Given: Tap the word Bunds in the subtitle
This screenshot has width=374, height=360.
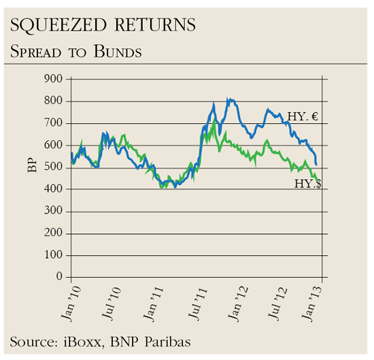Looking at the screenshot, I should pyautogui.click(x=119, y=51).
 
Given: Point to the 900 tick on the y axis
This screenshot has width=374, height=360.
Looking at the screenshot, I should pyautogui.click(x=53, y=80).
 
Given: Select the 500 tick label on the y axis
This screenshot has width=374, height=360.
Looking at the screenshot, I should pyautogui.click(x=53, y=167).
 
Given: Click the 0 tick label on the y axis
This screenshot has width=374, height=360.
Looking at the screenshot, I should pyautogui.click(x=59, y=277).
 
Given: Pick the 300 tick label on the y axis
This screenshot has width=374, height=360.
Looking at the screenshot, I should pyautogui.click(x=53, y=212).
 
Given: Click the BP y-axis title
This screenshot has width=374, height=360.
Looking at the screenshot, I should pyautogui.click(x=32, y=165).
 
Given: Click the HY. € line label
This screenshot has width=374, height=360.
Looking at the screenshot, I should pyautogui.click(x=303, y=117).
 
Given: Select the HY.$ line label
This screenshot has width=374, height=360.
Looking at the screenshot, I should pyautogui.click(x=308, y=184).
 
